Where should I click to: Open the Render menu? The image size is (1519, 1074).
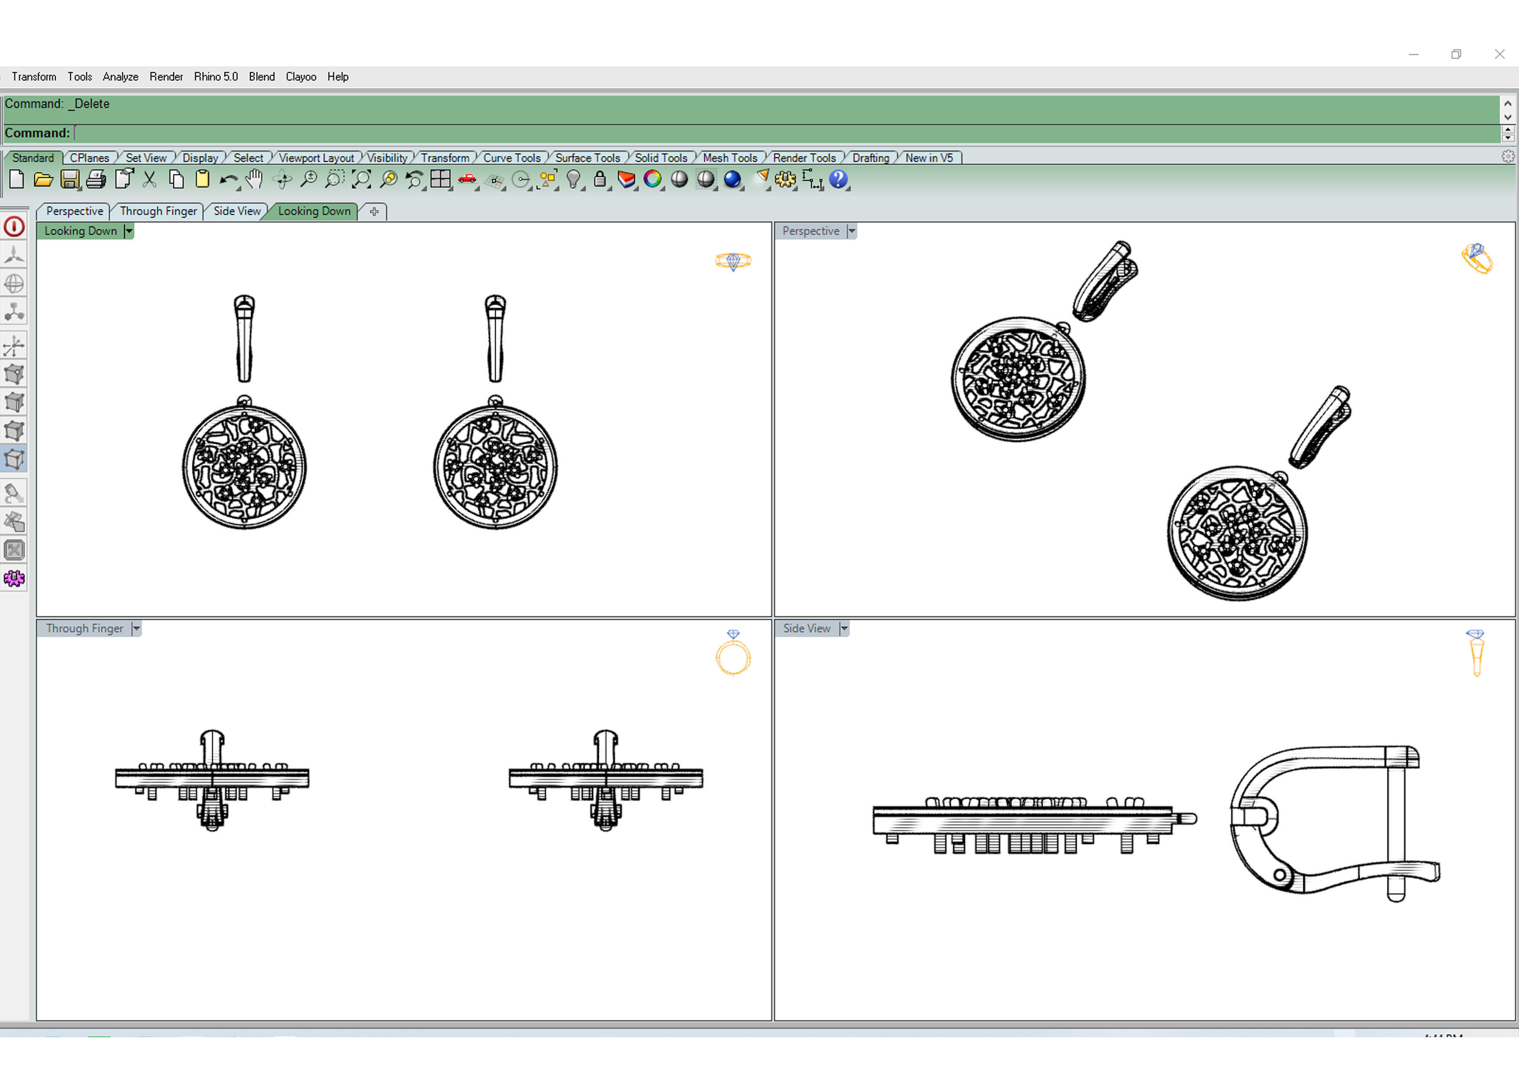pyautogui.click(x=166, y=77)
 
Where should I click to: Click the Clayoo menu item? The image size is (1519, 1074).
pyautogui.click(x=301, y=77)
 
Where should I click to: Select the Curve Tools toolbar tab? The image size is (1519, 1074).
pyautogui.click(x=511, y=158)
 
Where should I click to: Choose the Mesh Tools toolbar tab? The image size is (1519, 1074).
pyautogui.click(x=729, y=158)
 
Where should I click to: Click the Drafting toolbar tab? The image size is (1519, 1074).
pyautogui.click(x=870, y=158)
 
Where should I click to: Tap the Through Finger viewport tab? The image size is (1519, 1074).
pyautogui.click(x=158, y=211)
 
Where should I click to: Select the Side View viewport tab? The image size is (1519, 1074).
pyautogui.click(x=236, y=211)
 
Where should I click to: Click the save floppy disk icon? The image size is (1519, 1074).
pyautogui.click(x=69, y=179)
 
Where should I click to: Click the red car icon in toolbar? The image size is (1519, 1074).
pyautogui.click(x=467, y=179)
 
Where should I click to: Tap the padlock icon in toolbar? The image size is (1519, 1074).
pyautogui.click(x=599, y=179)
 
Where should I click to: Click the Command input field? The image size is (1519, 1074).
pyautogui.click(x=781, y=133)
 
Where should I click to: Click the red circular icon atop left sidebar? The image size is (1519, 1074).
pyautogui.click(x=14, y=227)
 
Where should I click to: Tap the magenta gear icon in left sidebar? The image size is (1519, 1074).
pyautogui.click(x=14, y=579)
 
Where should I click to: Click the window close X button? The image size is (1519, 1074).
pyautogui.click(x=1499, y=54)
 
